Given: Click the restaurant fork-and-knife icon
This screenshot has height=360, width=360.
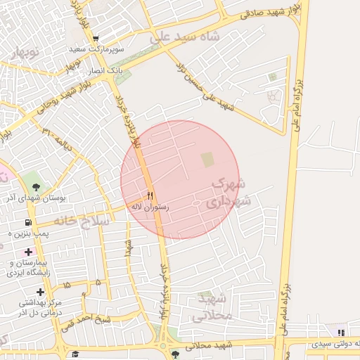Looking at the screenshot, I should click(x=150, y=195).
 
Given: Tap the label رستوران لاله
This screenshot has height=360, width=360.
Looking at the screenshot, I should click(x=150, y=207).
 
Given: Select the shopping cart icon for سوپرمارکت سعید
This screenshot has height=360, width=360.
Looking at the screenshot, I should click(x=96, y=39).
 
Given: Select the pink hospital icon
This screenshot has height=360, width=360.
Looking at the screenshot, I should click(x=29, y=251).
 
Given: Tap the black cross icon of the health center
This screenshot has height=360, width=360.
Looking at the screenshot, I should click(x=40, y=291).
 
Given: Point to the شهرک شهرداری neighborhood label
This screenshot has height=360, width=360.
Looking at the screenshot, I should click(x=227, y=192).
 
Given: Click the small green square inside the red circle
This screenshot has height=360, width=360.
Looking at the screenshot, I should click(x=207, y=160).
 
